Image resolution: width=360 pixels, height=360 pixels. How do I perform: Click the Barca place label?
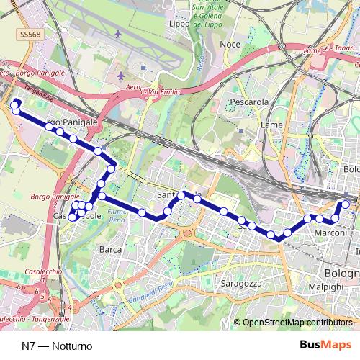[110, 249]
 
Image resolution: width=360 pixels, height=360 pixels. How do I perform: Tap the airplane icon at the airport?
[120, 76]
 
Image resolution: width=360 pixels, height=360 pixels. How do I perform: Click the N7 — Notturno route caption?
[57, 346]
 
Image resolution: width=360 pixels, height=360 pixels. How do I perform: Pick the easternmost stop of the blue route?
[346, 204]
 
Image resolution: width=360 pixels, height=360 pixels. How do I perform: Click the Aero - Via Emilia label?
[153, 91]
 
